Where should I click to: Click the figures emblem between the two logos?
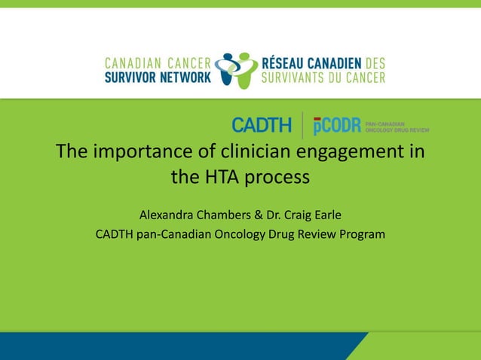point(237,69)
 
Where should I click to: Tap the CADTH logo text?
point(261,125)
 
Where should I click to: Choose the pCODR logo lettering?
point(337,125)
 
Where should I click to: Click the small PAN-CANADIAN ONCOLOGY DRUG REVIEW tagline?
point(397,125)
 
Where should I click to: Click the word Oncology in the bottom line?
point(236,235)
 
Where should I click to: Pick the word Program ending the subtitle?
point(363,235)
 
